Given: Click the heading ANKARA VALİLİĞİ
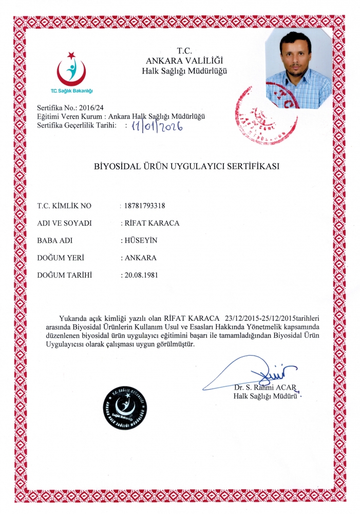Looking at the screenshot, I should [x=184, y=61].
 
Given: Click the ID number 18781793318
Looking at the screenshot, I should [x=144, y=206].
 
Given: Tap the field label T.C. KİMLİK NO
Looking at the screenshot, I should [x=64, y=206].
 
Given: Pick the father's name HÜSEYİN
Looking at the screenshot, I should [x=139, y=241].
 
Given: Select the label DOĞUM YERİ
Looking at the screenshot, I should [x=61, y=258].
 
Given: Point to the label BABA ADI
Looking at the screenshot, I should [x=56, y=241].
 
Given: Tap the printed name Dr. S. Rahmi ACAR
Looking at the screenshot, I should [x=266, y=387].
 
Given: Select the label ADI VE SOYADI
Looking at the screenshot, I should [x=64, y=223].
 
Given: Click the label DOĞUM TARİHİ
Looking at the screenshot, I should [x=64, y=275].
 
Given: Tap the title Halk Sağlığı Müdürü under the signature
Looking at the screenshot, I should [x=266, y=396].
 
